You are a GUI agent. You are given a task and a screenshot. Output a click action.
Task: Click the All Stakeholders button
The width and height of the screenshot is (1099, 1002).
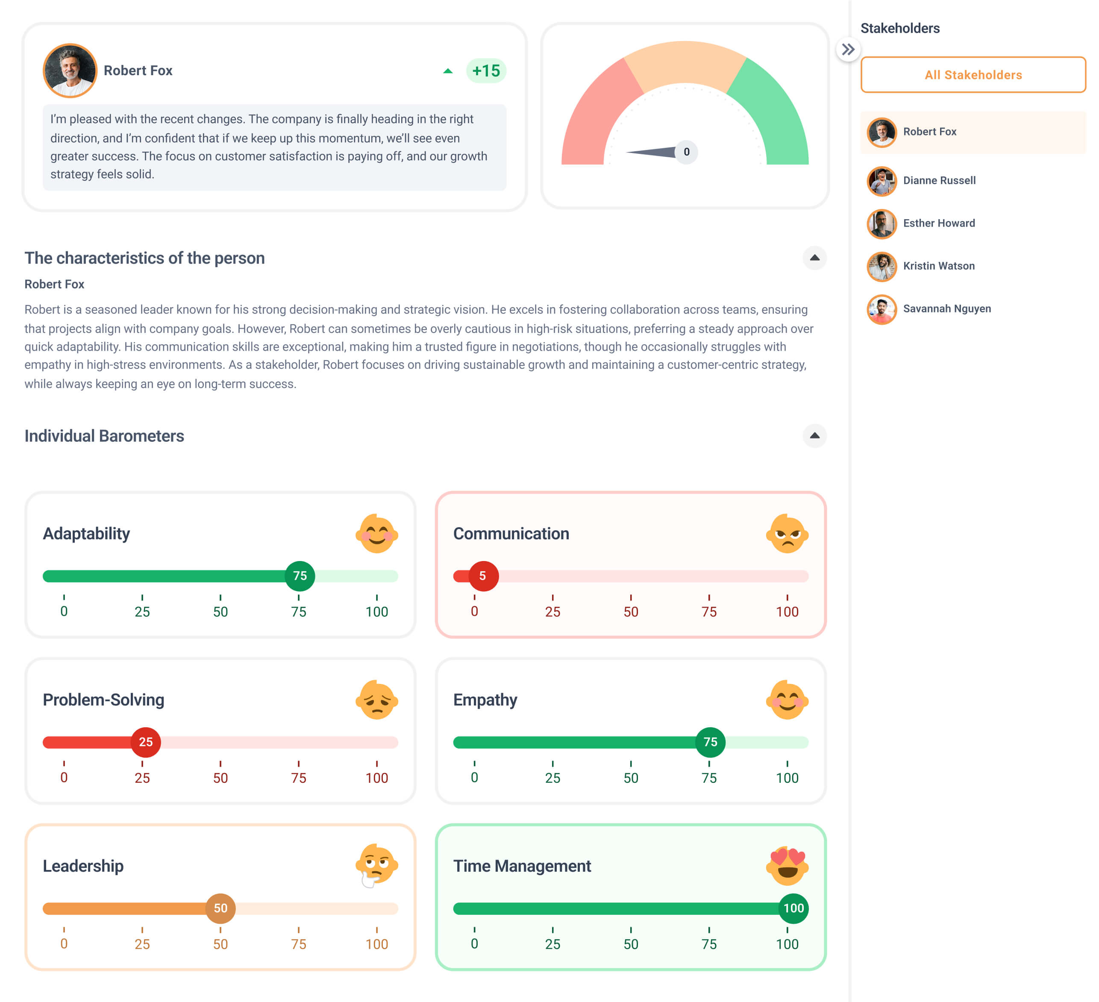(x=973, y=75)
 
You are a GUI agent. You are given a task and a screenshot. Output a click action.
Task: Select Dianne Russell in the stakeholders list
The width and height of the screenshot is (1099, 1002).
(x=939, y=180)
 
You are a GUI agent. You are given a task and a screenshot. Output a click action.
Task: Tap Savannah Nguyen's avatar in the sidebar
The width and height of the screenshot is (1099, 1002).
(x=882, y=309)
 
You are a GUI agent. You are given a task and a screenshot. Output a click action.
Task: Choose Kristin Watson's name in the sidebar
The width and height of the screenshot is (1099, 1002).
(x=938, y=266)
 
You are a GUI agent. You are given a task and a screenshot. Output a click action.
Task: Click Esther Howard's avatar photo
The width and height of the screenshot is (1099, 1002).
(x=882, y=223)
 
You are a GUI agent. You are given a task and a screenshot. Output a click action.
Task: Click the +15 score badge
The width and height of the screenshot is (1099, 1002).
(x=486, y=71)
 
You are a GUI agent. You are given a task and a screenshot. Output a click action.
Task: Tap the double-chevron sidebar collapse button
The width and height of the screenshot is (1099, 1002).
(x=848, y=50)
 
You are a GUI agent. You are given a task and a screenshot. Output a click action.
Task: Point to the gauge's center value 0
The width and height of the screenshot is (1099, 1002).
(x=686, y=152)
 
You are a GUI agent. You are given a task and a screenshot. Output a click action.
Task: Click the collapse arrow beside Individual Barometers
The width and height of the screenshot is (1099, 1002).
(x=814, y=435)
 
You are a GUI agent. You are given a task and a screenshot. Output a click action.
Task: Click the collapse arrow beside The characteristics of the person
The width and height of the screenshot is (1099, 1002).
(x=814, y=258)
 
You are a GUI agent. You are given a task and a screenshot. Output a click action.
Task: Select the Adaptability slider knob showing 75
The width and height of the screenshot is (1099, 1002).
(x=300, y=576)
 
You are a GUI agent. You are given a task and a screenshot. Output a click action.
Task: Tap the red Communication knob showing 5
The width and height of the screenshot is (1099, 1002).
(x=483, y=576)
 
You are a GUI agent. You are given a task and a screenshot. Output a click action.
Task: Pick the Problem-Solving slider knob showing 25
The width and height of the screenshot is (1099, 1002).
(x=146, y=742)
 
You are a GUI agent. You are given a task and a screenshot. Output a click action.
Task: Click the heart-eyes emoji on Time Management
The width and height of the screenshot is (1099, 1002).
(x=787, y=866)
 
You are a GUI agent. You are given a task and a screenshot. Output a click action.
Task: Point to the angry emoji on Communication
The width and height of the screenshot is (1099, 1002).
(x=787, y=534)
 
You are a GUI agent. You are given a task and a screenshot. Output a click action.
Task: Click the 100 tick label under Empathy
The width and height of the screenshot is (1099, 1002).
(x=787, y=778)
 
